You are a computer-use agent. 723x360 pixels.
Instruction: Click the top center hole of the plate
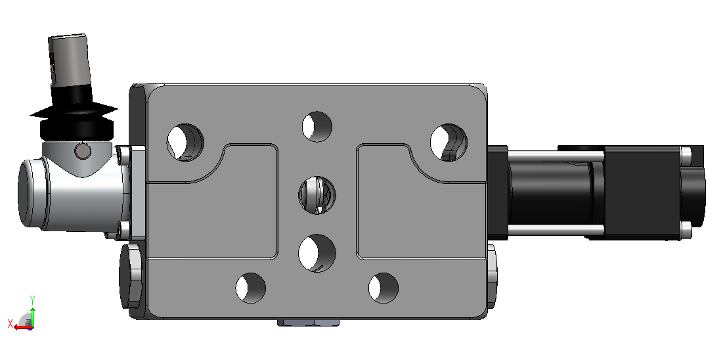(317, 127)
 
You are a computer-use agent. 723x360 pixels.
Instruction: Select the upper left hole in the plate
(185, 143)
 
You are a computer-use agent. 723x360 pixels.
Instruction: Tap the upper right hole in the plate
(449, 143)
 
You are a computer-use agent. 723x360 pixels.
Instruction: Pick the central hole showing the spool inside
(317, 194)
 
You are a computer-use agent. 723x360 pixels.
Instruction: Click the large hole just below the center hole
(317, 253)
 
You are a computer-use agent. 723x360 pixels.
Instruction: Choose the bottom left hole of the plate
(251, 288)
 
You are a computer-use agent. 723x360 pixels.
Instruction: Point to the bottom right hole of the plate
(383, 288)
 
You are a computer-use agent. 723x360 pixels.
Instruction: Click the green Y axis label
(33, 300)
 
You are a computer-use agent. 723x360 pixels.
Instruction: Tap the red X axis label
(10, 323)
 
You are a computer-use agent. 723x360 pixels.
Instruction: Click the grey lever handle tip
(68, 60)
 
